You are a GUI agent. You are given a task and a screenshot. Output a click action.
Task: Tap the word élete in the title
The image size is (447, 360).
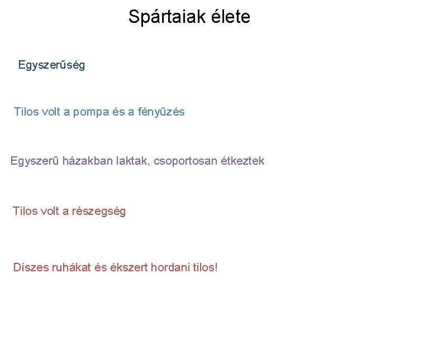point(230,17)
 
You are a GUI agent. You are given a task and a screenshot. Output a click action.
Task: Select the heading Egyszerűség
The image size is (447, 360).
point(51,65)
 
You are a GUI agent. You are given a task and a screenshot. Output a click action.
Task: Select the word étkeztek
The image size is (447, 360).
point(242,161)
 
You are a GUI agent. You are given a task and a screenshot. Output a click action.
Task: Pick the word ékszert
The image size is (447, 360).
point(129,267)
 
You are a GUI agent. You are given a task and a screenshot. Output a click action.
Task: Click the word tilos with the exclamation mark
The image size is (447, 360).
point(205,267)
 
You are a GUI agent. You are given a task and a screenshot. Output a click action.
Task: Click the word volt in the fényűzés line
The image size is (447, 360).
point(51,112)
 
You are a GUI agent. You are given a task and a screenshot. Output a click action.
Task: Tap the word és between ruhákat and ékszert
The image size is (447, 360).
point(101,267)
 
